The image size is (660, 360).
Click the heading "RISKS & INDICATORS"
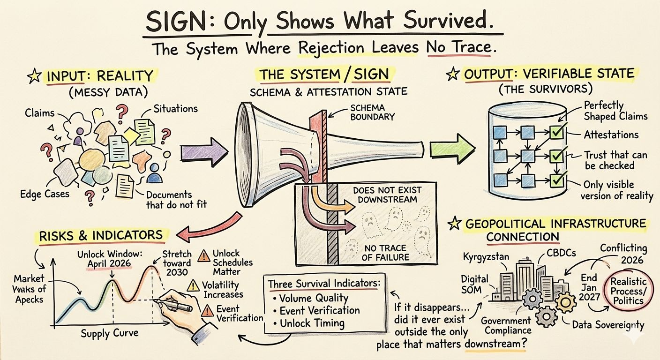point(101,235)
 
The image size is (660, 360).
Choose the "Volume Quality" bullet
point(314,298)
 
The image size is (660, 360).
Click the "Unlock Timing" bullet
point(312,323)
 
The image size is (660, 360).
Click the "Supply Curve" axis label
point(109,333)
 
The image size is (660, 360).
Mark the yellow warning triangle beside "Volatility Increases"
point(193,285)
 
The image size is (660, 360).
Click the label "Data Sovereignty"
point(608,325)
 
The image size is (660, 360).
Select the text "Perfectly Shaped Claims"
point(609,111)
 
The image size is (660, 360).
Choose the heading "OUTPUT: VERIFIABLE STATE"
point(549,74)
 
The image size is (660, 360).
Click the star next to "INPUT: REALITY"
point(33,76)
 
